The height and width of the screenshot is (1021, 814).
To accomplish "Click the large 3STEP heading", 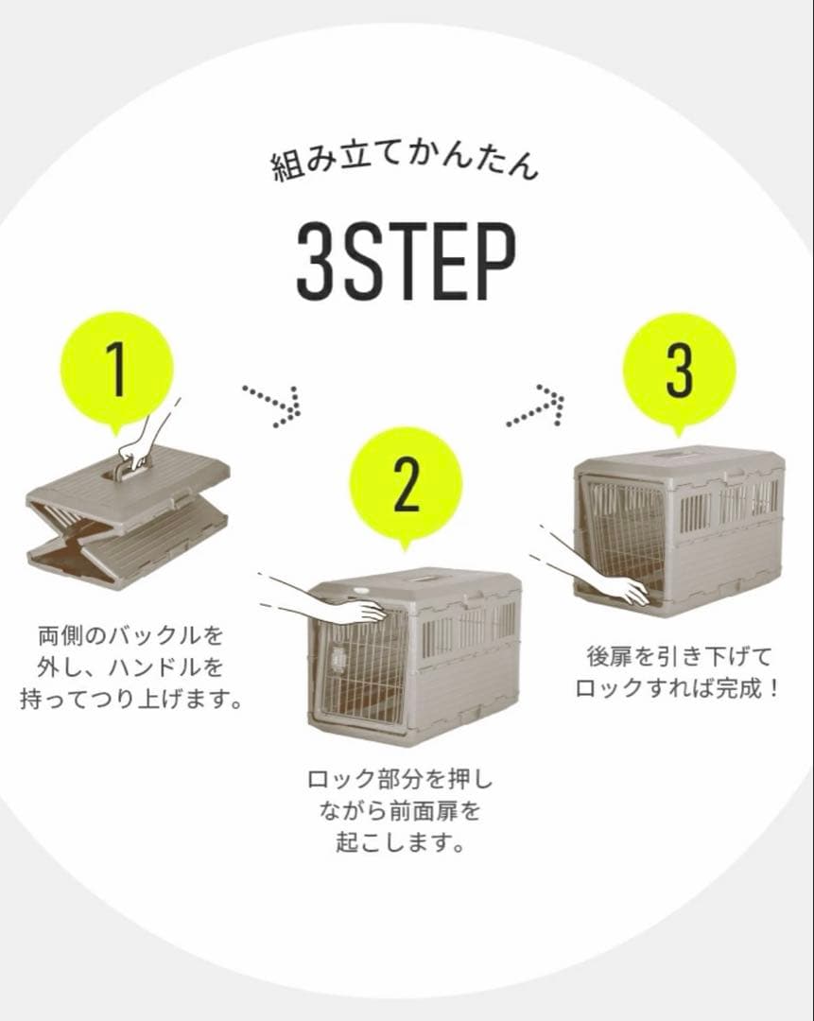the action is [407, 262].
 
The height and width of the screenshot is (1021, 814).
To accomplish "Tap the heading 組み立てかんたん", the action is [405, 164].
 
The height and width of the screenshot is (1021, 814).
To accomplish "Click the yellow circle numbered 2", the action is [407, 486].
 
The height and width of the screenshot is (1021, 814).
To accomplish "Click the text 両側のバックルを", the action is [130, 634].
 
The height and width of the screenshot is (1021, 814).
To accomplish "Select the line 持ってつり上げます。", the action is [131, 700].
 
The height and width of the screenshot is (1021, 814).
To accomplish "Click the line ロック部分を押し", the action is [400, 779].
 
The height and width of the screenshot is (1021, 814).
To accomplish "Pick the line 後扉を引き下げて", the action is [679, 656].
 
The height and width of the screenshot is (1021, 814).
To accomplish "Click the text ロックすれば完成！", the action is [677, 689].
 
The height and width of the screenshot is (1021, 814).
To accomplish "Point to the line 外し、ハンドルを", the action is [130, 666].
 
